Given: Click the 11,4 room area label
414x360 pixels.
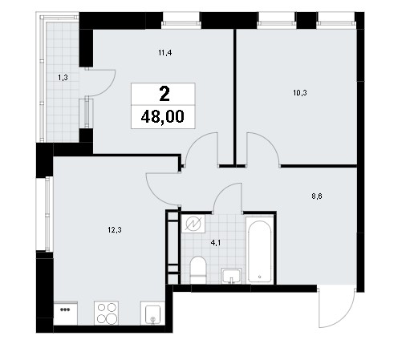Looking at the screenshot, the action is [165, 53].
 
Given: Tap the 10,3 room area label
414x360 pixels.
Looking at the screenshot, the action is [300, 93].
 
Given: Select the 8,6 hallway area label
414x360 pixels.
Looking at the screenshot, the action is [317, 196].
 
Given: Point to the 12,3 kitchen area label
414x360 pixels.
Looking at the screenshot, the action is [115, 230].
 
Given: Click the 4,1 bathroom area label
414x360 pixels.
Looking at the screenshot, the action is [216, 243].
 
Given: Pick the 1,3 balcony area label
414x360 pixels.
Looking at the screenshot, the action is [63, 78].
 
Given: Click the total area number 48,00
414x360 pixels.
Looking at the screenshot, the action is [163, 117].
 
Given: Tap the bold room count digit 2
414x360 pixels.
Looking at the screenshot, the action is [164, 94].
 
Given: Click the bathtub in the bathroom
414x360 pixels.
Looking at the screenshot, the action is [260, 250].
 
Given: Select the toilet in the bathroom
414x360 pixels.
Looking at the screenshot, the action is [198, 269].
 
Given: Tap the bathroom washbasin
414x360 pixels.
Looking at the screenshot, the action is [232, 276].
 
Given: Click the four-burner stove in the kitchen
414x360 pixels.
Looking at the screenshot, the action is [106, 313].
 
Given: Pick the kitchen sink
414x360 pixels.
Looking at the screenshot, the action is [152, 313].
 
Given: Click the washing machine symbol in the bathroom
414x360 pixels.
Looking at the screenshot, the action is [193, 224].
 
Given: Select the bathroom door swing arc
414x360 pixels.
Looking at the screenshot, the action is [222, 191].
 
